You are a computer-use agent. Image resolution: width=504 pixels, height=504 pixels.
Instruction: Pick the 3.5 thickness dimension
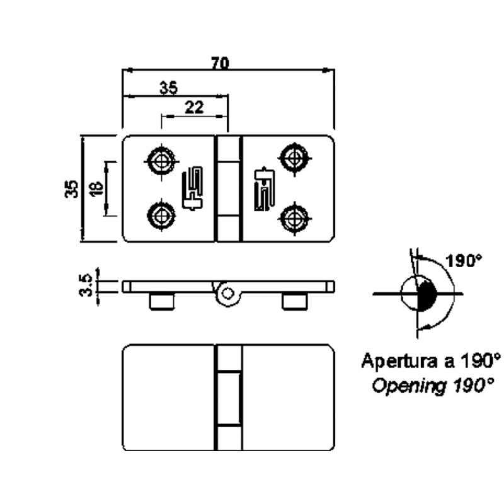click(x=88, y=285)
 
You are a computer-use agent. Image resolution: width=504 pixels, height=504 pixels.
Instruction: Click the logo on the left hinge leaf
click(x=192, y=188)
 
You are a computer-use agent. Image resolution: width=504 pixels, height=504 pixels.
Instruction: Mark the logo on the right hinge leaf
click(x=263, y=188)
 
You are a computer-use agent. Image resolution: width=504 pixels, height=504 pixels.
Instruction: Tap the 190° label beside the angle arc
click(x=464, y=260)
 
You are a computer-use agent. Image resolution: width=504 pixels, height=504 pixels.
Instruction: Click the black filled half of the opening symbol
click(x=427, y=295)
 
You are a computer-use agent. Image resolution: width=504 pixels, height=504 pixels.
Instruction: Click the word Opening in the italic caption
click(x=401, y=386)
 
